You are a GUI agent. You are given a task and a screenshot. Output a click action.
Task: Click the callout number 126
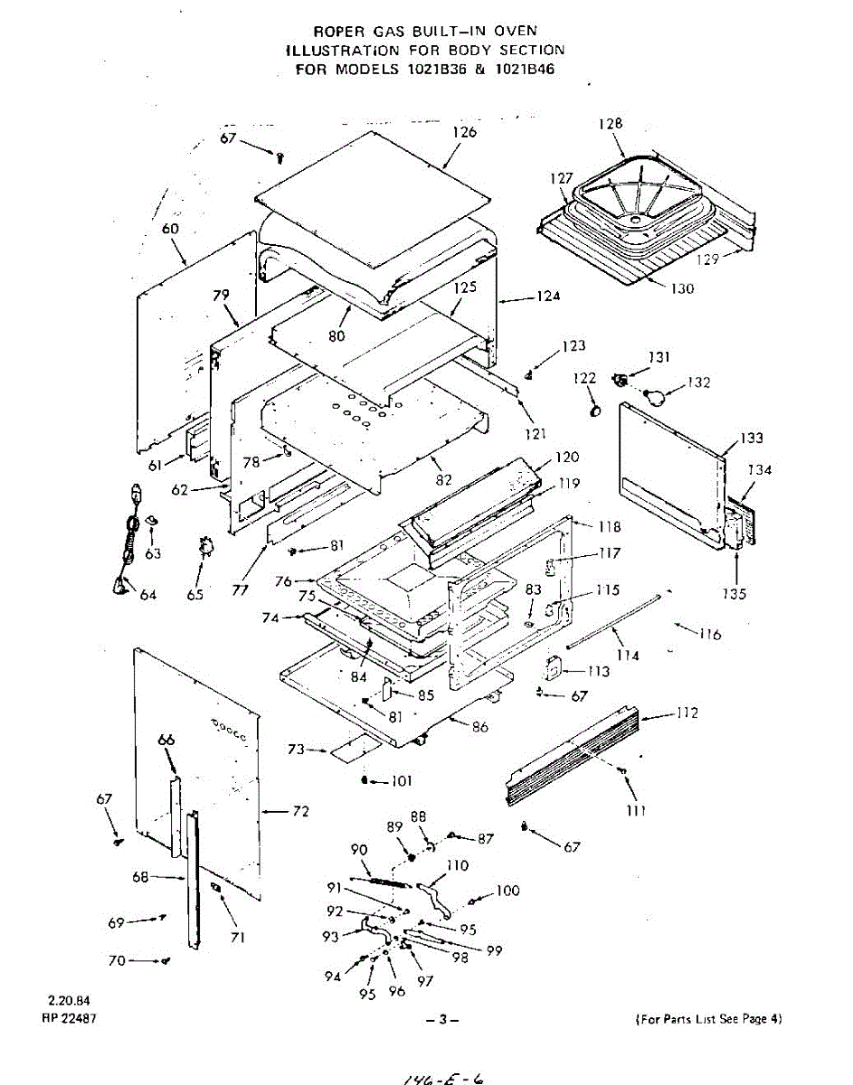tap(465, 132)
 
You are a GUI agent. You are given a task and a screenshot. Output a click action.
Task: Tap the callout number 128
tap(611, 123)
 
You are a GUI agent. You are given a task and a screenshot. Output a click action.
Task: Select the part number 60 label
tap(170, 230)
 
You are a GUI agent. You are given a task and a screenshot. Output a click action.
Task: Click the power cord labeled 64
tap(128, 552)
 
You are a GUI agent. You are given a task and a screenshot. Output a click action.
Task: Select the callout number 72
tap(299, 812)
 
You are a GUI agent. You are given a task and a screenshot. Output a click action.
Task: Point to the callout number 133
tap(751, 439)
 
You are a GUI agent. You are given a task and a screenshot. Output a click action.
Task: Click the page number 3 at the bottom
tap(443, 1020)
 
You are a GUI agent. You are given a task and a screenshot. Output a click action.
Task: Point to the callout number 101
tap(401, 781)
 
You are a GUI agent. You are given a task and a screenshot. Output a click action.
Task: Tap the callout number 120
tap(567, 458)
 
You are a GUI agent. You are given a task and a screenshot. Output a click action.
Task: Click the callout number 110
tap(458, 866)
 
